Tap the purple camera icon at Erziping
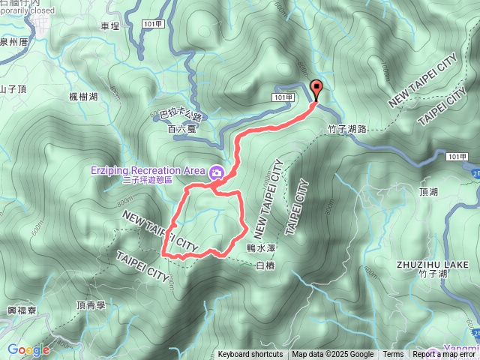[x=217, y=172]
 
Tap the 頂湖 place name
[x=430, y=192]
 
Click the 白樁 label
[x=265, y=265]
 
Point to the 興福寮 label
[x=20, y=310]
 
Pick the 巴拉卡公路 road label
[x=182, y=115]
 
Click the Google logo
[x=28, y=349]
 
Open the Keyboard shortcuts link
[x=250, y=355]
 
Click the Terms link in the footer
[x=393, y=355]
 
